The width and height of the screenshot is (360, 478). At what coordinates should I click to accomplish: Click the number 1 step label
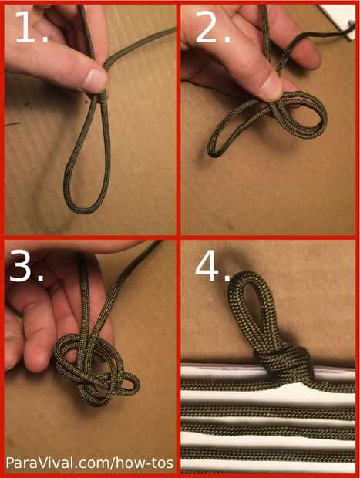click(x=31, y=28)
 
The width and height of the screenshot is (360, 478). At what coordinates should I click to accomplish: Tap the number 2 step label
click(x=213, y=28)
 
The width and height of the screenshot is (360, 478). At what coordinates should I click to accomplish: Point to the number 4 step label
click(x=213, y=267)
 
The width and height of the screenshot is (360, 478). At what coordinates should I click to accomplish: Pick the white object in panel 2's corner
click(x=339, y=19)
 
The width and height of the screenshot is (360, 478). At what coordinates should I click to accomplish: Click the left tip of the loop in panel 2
click(x=211, y=152)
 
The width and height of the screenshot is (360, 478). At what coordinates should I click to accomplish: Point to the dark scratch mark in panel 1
click(x=13, y=124)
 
